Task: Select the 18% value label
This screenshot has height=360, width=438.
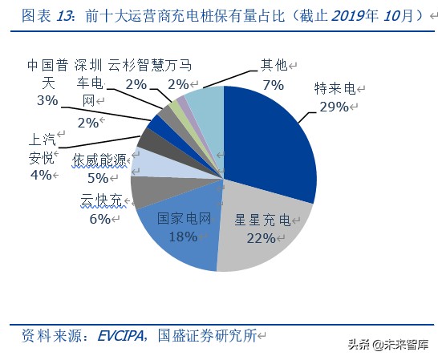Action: coord(184,236)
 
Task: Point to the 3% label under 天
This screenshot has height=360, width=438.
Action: coord(47,101)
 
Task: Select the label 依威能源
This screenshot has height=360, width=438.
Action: coord(100,160)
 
